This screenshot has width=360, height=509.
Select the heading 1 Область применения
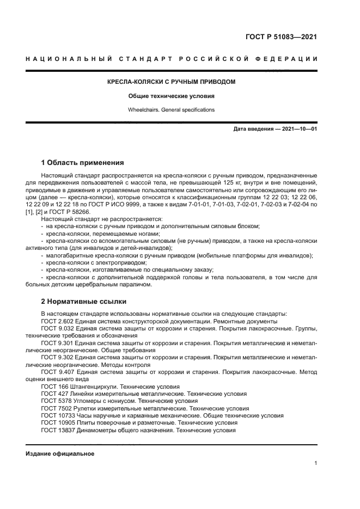coord(82,162)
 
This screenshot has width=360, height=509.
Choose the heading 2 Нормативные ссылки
coord(83,301)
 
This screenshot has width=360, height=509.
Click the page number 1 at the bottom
coord(316,463)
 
